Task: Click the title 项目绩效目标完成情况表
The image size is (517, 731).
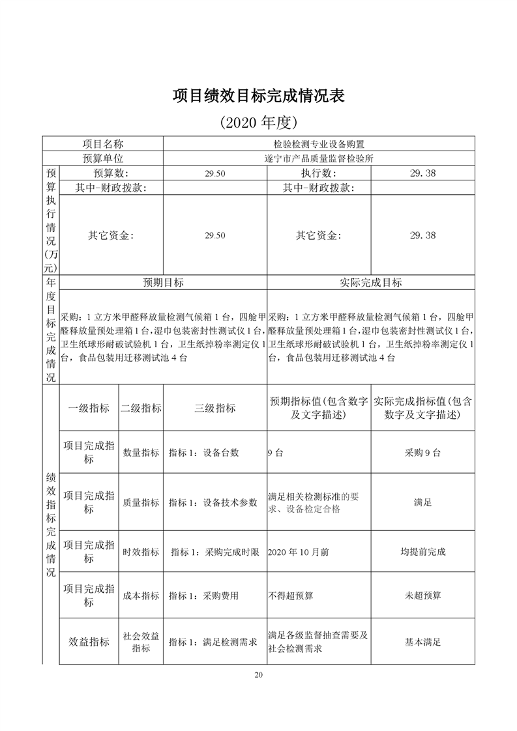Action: coord(258,95)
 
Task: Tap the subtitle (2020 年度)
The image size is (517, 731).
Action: coord(258,122)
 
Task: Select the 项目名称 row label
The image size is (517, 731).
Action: coord(102,144)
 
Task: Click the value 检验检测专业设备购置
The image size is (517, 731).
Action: coord(319,144)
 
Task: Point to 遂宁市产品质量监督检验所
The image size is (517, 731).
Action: coord(319,158)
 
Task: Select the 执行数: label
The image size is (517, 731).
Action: coord(318,173)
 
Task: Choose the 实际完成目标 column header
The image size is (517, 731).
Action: coord(370,283)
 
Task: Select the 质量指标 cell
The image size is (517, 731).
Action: coord(141,502)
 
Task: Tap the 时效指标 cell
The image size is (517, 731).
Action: coord(141,552)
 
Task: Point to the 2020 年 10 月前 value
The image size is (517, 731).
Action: coord(298,552)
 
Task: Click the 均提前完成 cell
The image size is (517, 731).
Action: coord(422,552)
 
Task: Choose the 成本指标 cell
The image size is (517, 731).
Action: coord(141,595)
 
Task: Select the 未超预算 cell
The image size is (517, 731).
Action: coord(422,595)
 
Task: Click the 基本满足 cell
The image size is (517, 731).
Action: coord(422,642)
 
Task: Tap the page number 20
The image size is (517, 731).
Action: coord(258,674)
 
